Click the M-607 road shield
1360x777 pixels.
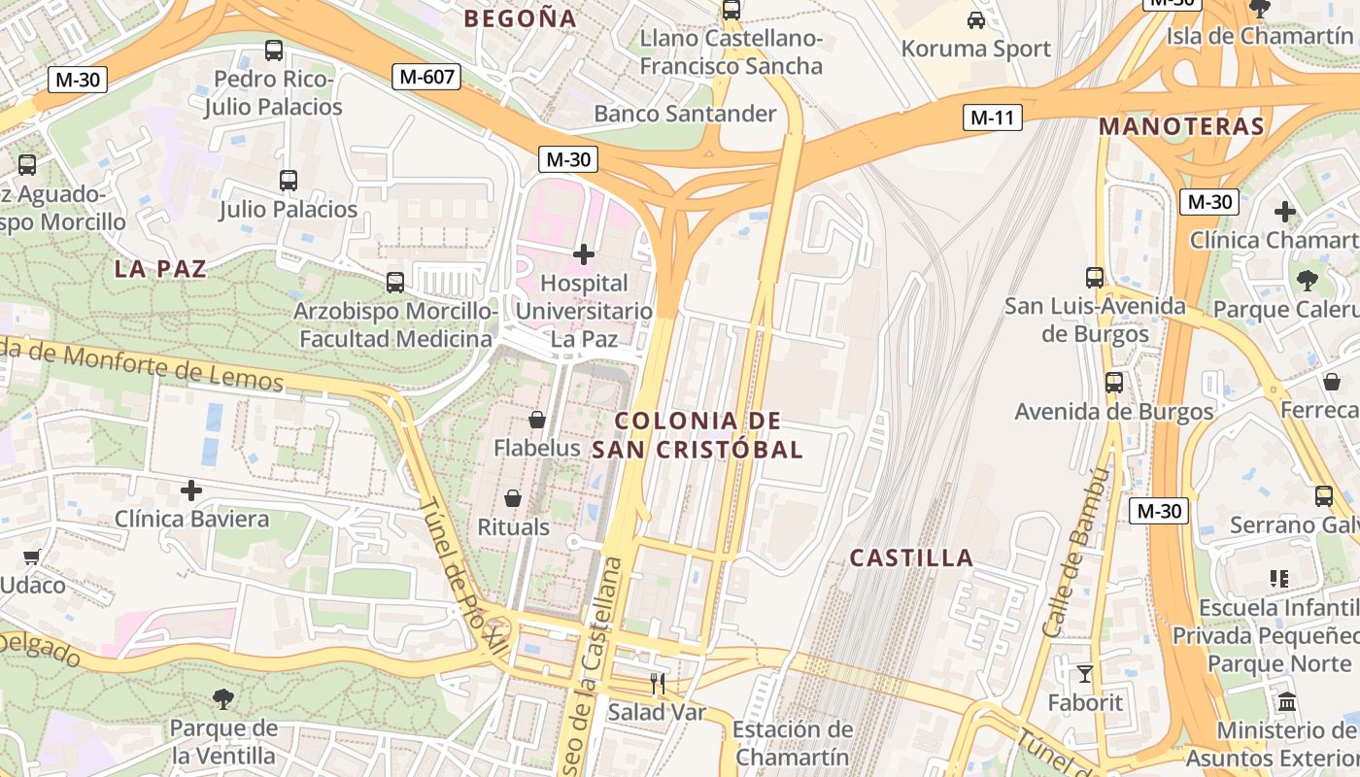click(x=426, y=77)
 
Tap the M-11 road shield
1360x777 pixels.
click(x=992, y=118)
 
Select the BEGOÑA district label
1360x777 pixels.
click(x=520, y=18)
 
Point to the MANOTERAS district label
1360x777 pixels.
click(x=1181, y=126)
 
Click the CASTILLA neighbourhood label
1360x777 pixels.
click(x=911, y=557)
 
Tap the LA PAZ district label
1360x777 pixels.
click(x=161, y=269)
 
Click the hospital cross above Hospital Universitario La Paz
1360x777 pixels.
click(x=584, y=254)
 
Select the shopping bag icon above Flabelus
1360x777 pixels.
click(x=536, y=420)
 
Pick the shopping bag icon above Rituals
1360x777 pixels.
click(x=513, y=498)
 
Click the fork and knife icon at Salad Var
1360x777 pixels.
click(x=658, y=684)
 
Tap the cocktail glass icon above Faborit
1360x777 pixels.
click(x=1085, y=673)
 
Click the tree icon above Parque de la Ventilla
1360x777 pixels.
click(x=223, y=698)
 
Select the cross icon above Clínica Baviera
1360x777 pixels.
click(x=191, y=490)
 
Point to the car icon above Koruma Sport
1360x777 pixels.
click(x=976, y=19)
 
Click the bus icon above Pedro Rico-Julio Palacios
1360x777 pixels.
click(x=274, y=51)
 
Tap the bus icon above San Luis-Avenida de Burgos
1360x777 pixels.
click(x=1095, y=278)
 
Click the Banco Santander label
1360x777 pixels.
click(x=685, y=114)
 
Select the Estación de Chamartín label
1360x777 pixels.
click(x=793, y=743)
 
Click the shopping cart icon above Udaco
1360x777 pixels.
click(x=31, y=557)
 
